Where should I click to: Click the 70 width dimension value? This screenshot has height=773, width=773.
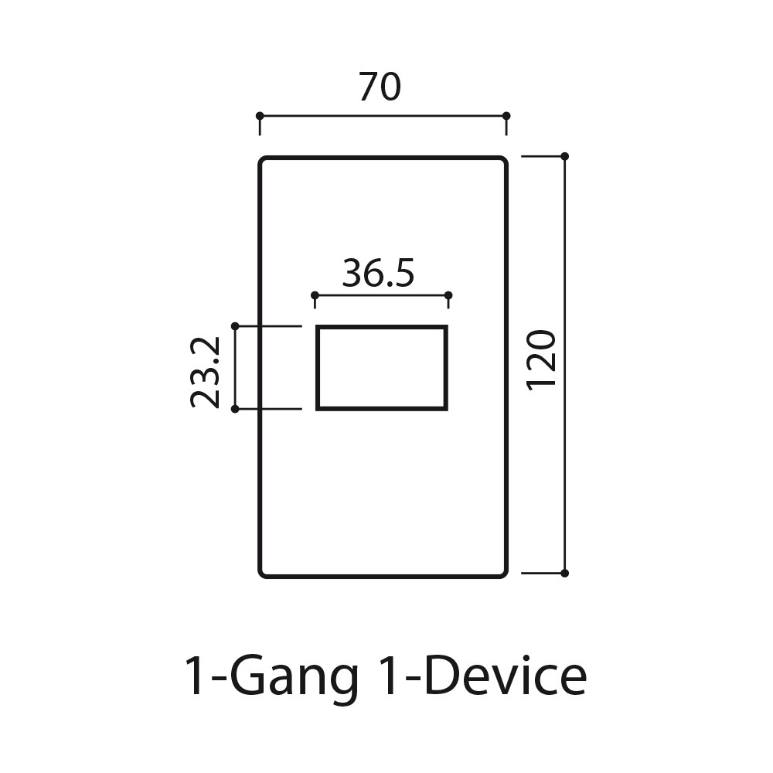(380, 87)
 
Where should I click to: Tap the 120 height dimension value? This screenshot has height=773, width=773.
(542, 359)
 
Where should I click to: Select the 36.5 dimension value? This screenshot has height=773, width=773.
(379, 274)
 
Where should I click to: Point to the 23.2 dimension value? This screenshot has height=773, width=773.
(206, 371)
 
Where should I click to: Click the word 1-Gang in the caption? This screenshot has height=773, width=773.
(271, 677)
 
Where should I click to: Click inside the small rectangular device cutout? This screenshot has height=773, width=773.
(382, 368)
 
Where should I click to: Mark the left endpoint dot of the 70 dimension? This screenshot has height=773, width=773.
(260, 116)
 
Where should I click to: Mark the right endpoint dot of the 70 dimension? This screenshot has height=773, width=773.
(506, 116)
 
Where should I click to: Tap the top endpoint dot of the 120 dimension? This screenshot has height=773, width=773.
(564, 156)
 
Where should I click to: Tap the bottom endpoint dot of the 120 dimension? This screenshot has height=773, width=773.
(564, 573)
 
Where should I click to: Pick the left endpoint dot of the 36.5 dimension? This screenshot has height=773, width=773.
(315, 295)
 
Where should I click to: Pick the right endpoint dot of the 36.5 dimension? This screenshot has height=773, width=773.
(449, 295)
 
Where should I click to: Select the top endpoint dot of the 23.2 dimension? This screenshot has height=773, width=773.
(235, 327)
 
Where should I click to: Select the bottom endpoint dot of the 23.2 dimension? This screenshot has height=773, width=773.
(235, 408)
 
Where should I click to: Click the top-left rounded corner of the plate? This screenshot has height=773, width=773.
(263, 161)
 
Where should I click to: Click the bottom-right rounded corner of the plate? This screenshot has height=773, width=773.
(503, 574)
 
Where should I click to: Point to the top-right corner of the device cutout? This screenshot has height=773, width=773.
(445, 328)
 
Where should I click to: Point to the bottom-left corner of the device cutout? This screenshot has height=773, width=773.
(318, 407)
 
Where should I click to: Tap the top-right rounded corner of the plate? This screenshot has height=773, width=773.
(503, 161)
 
